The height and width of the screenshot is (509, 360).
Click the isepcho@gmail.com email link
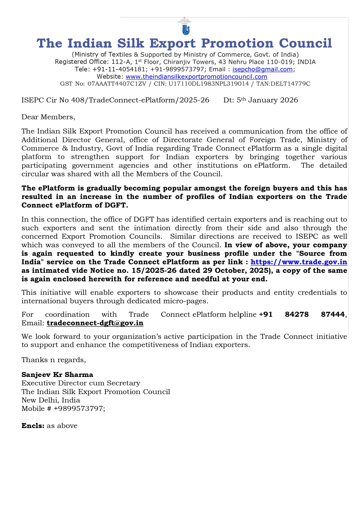tap(263, 69)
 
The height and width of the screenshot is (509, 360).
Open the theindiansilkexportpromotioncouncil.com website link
tap(196, 77)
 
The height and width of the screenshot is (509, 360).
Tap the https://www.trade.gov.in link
tap(299, 262)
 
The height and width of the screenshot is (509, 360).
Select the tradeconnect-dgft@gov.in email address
tap(95, 323)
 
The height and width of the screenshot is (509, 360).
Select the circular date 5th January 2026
tap(267, 100)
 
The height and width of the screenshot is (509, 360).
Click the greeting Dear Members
tap(48, 117)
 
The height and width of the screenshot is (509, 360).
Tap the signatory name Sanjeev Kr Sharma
tap(57, 375)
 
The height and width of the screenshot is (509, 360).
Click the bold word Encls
tap(33, 426)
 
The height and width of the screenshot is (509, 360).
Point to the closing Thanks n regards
tap(54, 360)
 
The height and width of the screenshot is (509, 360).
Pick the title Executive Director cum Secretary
tap(81, 383)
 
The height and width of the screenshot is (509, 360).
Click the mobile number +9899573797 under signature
tap(79, 409)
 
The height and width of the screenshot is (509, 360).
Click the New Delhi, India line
tap(51, 400)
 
